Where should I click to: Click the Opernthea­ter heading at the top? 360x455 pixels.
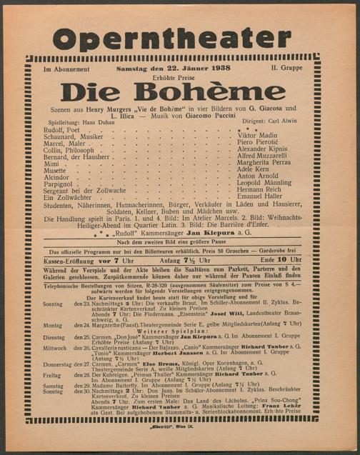click(172, 39)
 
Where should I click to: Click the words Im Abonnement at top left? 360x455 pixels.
click(66, 69)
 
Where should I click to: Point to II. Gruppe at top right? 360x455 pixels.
click(284, 69)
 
